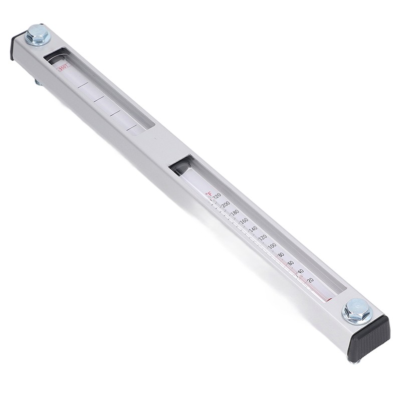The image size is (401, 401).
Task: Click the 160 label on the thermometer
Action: pyautogui.click(x=244, y=221)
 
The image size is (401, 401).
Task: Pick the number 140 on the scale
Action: pyautogui.click(x=253, y=229)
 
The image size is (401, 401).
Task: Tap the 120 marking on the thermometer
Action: pyautogui.click(x=262, y=237)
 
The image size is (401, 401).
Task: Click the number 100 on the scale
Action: pyautogui.click(x=272, y=246)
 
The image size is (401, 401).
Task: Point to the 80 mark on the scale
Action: pyautogui.click(x=282, y=255)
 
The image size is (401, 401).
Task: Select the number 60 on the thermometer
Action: pyautogui.click(x=291, y=263)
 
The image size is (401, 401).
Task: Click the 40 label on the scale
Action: pyautogui.click(x=300, y=271)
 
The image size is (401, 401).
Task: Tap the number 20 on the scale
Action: pyautogui.click(x=310, y=280)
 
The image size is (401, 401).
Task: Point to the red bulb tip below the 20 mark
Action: pyautogui.click(x=327, y=300)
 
